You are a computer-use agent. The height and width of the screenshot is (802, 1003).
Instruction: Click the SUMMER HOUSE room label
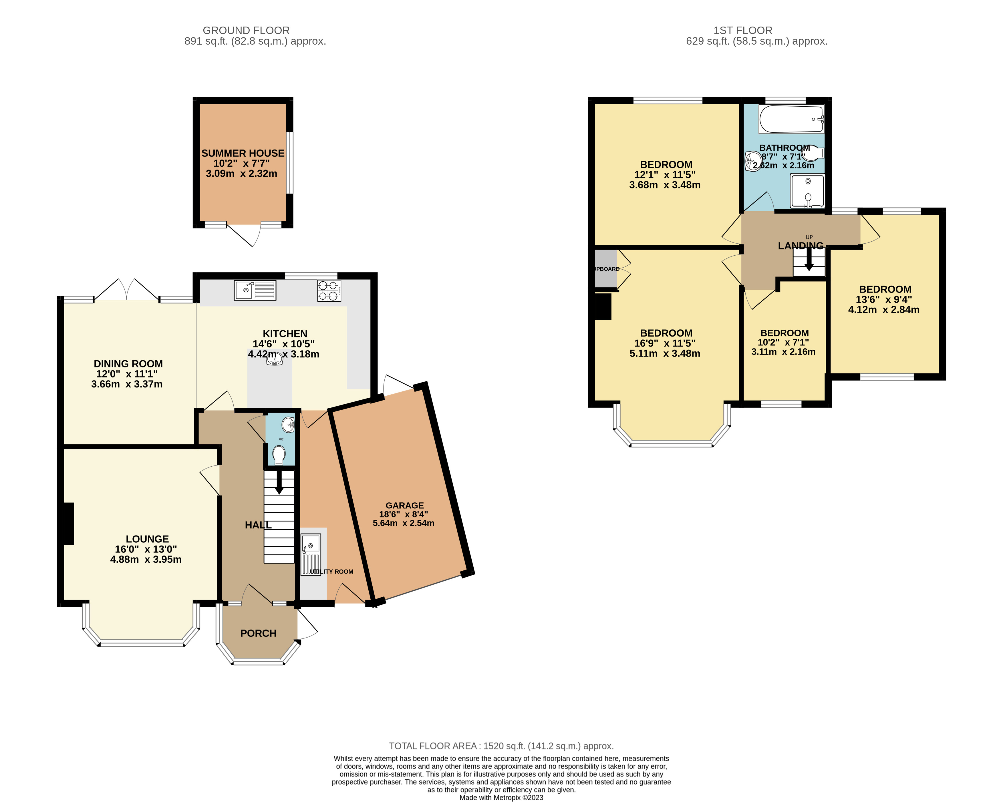(x=243, y=153)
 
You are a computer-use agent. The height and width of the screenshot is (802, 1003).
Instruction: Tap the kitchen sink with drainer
(x=255, y=290)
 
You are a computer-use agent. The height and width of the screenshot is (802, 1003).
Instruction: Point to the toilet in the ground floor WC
(x=279, y=455)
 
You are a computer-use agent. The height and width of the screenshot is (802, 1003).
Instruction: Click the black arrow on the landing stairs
(x=809, y=259)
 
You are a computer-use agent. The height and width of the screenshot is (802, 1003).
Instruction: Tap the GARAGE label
(x=405, y=505)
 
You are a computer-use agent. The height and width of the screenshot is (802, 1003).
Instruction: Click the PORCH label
(x=258, y=633)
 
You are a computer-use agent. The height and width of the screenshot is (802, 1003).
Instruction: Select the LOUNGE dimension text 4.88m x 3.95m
(x=146, y=559)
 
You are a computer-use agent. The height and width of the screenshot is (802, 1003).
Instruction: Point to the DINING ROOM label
(x=128, y=364)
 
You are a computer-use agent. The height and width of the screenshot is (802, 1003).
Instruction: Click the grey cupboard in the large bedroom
(x=606, y=269)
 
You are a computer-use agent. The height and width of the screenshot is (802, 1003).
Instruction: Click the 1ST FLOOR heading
(x=743, y=30)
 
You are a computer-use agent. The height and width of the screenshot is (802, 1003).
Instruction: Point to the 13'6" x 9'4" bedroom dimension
(x=884, y=300)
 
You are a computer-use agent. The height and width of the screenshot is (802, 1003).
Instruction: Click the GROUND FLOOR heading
(x=246, y=30)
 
